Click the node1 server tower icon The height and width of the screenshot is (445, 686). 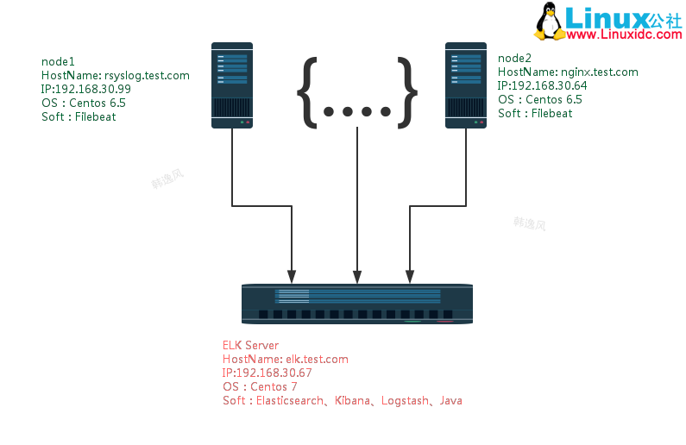click(232, 85)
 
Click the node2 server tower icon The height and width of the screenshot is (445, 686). click(466, 85)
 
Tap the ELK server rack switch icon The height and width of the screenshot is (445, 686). click(357, 304)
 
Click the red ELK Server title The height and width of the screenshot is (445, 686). click(250, 345)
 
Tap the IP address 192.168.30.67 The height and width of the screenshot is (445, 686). click(273, 373)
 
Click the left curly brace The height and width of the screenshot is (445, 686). click(308, 91)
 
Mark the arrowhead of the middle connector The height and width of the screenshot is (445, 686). click(357, 277)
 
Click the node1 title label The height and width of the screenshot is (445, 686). click(58, 61)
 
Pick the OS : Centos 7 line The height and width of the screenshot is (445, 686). click(260, 386)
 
